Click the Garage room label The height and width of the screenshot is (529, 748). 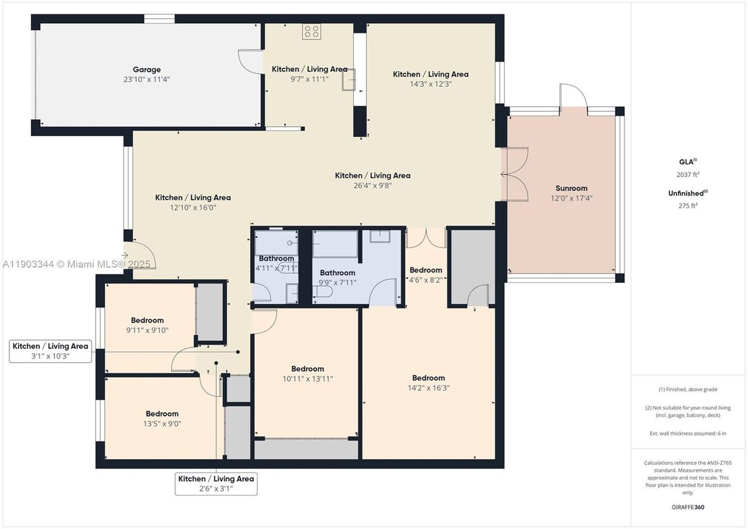point(147,70)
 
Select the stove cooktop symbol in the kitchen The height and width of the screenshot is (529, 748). point(311,32)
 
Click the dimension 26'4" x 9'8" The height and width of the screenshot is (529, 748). point(372,186)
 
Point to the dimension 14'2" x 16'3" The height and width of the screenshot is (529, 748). point(428,388)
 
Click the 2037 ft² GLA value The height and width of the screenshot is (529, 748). point(687,174)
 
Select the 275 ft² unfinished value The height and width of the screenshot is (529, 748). point(687,205)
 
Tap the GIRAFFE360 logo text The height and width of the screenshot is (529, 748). point(687,507)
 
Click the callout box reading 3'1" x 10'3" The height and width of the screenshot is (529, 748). point(50,351)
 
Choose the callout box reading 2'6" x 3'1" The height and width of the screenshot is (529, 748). point(216,484)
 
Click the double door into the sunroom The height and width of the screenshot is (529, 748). point(514,174)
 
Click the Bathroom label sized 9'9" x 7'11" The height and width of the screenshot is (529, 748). point(337,272)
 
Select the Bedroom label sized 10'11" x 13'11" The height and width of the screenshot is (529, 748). point(307,369)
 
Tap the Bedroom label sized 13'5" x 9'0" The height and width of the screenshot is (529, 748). point(162,414)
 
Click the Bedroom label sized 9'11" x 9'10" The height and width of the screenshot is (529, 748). point(147,321)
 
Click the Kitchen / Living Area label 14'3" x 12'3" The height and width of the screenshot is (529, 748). point(430,74)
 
